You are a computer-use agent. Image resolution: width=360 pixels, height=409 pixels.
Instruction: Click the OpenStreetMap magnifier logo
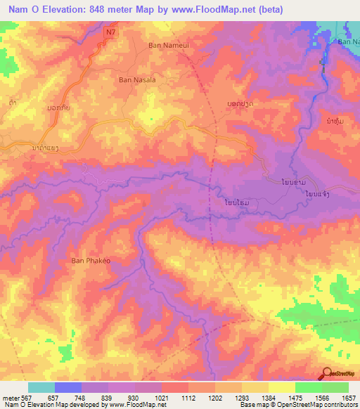click(328, 373)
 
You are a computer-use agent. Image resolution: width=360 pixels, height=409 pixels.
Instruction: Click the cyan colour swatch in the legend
click(41, 387)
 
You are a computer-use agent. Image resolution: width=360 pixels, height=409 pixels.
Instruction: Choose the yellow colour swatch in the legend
click(282, 387)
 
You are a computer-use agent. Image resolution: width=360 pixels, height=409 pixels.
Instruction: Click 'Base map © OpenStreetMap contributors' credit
click(298, 405)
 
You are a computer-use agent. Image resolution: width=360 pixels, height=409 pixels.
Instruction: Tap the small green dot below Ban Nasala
click(150, 119)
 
